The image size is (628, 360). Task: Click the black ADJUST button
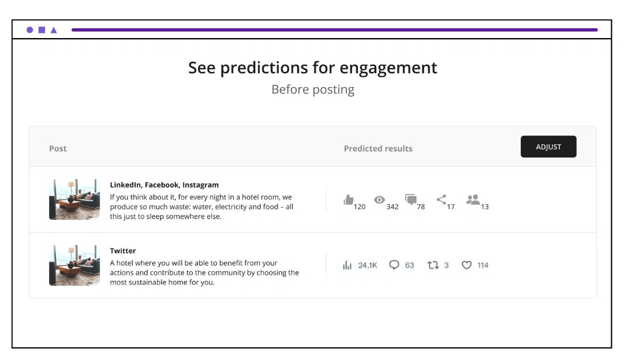click(x=548, y=147)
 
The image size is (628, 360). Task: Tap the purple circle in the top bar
click(x=29, y=29)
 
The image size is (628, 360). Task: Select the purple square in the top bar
click(x=42, y=29)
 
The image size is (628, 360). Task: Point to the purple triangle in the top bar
click(x=54, y=30)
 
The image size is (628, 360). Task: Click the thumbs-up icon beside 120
click(x=349, y=200)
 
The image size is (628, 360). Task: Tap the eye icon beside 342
click(x=379, y=200)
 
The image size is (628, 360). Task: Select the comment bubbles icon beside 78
click(x=411, y=199)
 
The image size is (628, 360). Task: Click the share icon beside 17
click(x=441, y=199)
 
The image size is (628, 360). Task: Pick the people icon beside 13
click(x=473, y=199)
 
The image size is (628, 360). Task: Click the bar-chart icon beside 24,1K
click(x=347, y=265)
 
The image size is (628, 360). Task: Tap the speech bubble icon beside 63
click(x=394, y=265)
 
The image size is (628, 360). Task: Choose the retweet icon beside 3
click(x=433, y=265)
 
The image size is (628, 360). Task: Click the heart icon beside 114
click(x=466, y=265)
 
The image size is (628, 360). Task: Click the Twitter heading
click(x=123, y=251)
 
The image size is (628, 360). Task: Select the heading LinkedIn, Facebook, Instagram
click(x=164, y=185)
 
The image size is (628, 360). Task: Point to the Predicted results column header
click(x=378, y=149)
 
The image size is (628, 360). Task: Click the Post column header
click(x=58, y=149)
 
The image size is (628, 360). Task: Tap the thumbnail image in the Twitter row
click(x=74, y=265)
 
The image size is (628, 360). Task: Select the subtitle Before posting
click(x=313, y=89)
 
